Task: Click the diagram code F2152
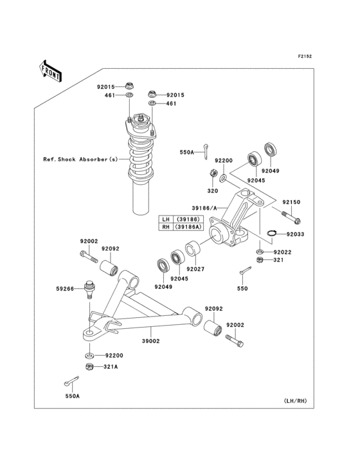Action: (304, 57)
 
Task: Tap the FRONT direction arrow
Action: (51, 69)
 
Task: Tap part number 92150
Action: (291, 202)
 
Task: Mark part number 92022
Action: (282, 252)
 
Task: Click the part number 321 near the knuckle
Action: (278, 260)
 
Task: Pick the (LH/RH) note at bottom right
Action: (295, 401)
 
